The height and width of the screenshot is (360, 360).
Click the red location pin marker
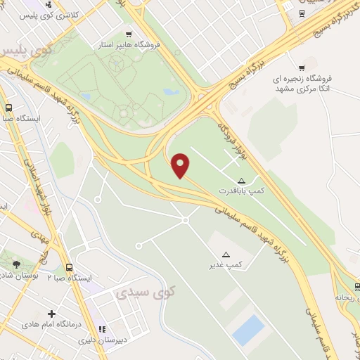(181, 165)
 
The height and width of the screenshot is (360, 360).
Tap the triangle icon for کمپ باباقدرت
(242, 181)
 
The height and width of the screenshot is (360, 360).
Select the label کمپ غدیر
(226, 264)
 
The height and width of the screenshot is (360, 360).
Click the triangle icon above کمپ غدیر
(226, 255)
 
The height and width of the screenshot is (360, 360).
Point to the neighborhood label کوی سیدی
(156, 290)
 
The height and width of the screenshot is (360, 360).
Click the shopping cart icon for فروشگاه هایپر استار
(128, 34)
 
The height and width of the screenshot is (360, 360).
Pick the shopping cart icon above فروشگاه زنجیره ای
(301, 67)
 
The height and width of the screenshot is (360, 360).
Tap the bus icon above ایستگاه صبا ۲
(69, 268)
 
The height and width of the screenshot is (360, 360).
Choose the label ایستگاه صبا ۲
(70, 278)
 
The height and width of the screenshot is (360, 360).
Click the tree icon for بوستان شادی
(16, 264)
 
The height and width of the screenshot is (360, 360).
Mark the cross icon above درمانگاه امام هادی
(51, 314)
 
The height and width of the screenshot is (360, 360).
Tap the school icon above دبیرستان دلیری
(103, 328)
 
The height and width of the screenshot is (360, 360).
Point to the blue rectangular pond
(247, 329)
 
